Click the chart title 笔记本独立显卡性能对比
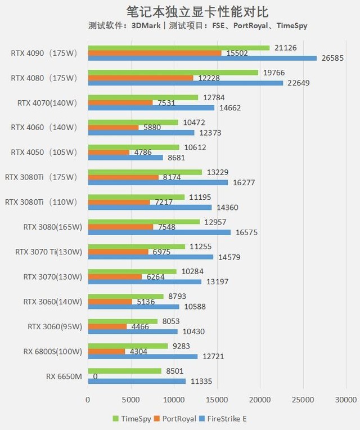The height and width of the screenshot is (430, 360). point(180,11)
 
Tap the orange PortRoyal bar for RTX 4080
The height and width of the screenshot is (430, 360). point(141,78)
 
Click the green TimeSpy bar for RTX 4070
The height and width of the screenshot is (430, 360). point(143,97)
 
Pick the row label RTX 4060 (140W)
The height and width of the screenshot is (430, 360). point(43,127)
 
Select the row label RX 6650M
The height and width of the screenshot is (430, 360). point(64,375)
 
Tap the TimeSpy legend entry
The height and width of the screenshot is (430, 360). point(133,419)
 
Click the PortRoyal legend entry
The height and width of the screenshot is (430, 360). point(177,419)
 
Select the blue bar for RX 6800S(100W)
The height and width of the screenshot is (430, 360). point(143,356)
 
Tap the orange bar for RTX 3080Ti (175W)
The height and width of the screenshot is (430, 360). point(123,177)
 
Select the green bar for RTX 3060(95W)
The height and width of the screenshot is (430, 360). point(123,321)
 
